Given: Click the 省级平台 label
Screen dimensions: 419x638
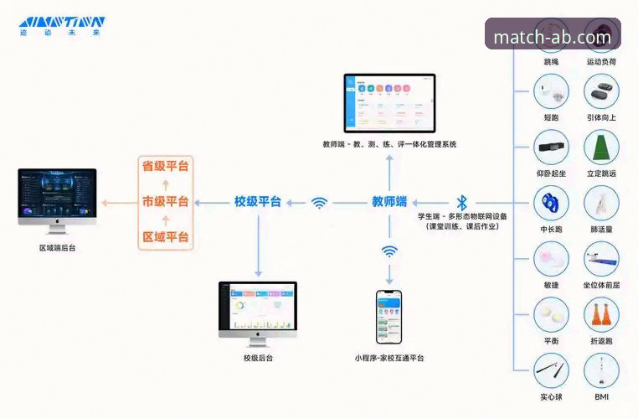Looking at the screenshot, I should point(165,166).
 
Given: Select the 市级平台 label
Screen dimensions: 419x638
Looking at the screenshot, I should point(165,201).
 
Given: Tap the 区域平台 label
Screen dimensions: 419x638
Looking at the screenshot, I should point(165,236).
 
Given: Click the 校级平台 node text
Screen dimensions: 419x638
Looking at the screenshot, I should point(258,201).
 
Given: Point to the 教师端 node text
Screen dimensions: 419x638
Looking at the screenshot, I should point(389,201).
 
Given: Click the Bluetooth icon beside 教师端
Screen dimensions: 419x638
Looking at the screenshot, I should point(461,202).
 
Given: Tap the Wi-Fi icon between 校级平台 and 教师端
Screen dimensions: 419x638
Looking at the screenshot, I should point(319,202).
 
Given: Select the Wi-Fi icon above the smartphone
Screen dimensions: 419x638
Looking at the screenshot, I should point(389,251).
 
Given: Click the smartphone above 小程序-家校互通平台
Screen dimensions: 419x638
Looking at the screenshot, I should point(388,316).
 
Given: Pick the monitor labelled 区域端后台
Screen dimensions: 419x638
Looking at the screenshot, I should point(57,199).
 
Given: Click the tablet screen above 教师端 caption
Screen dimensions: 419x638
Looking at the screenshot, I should point(390,101).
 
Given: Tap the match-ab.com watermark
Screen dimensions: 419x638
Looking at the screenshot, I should point(552,36).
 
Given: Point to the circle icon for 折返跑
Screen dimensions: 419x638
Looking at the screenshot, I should point(601,315).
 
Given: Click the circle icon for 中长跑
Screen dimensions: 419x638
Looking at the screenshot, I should point(551,203).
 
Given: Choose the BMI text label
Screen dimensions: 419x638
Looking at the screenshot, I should point(601,396).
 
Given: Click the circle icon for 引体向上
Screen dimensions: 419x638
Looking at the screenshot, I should point(601,91).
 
